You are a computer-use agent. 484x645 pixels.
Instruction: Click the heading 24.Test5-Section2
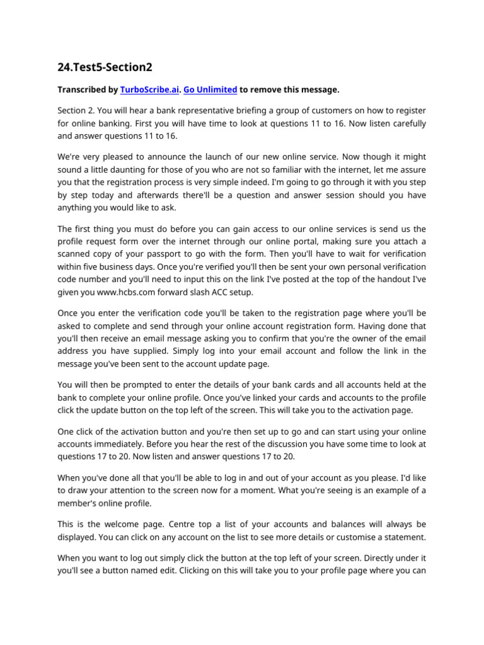tap(105, 67)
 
